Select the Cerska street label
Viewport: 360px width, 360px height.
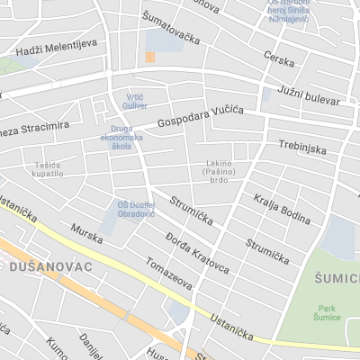click(279, 59)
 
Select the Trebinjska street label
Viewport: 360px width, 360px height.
click(301, 147)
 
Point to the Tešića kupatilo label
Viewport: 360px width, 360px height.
click(49, 168)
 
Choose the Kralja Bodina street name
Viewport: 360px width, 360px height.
click(282, 209)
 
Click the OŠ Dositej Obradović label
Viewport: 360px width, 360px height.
click(136, 209)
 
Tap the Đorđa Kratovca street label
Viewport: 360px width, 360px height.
click(197, 253)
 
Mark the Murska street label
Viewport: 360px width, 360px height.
click(87, 237)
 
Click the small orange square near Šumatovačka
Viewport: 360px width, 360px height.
click(149, 58)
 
